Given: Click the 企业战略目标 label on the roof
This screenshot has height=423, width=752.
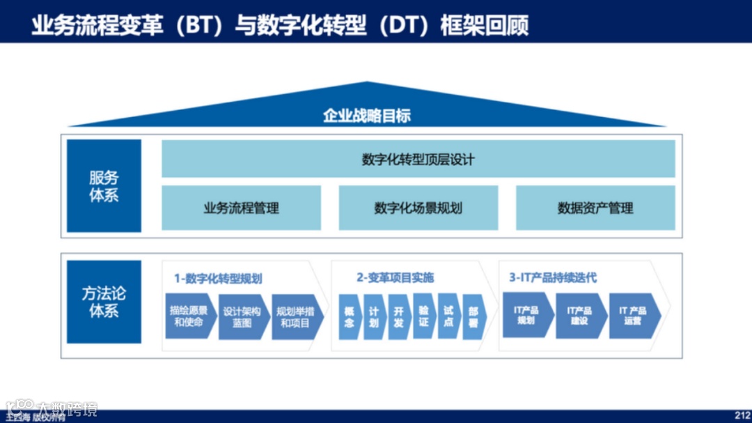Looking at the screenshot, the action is point(366,116).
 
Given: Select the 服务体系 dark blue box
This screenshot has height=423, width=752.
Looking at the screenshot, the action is point(104,186).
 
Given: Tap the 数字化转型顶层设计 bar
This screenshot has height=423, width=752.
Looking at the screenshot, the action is point(418,160).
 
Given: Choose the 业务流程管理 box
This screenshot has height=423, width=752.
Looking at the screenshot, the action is point(241,208).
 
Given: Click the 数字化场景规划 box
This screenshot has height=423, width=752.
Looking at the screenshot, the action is point(418,208).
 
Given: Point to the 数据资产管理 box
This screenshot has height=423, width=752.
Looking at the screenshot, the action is point(595,208).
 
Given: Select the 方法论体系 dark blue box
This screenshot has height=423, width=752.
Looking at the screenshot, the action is point(104,302).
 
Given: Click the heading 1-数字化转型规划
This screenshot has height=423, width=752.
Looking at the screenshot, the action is point(218,278).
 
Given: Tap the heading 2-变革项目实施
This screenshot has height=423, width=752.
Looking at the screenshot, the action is point(395,278).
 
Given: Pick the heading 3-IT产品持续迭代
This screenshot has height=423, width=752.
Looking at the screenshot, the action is point(553,278).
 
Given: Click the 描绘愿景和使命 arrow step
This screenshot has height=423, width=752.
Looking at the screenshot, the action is point(189,317).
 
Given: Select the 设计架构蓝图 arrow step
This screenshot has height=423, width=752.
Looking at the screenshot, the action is point(242,317).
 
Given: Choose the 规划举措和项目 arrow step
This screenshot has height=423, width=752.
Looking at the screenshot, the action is point(295,317).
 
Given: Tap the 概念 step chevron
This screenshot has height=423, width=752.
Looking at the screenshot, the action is point(349,317).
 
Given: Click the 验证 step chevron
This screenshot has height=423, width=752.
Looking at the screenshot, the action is point(423,317).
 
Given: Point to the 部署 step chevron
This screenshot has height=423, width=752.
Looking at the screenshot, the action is point(473,317).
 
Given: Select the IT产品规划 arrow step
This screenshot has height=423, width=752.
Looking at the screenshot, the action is point(526,316).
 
